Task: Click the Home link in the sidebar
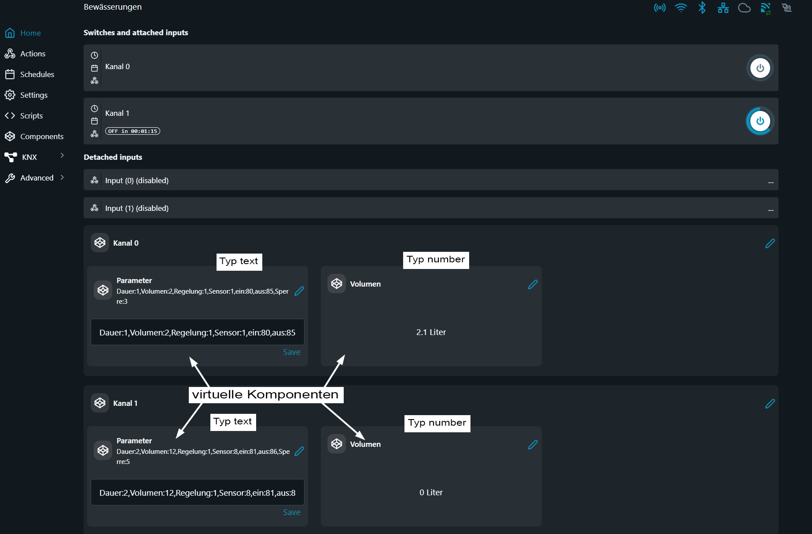point(23,33)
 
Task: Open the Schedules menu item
point(29,74)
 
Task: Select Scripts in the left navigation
point(24,116)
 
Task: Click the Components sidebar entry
point(34,136)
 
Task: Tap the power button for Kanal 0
point(760,68)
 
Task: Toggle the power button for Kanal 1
point(760,121)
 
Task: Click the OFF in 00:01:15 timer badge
point(132,131)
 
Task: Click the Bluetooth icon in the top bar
point(702,7)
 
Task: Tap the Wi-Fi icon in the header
point(681,7)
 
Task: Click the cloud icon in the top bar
point(744,8)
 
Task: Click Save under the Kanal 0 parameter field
point(292,352)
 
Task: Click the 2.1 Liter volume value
point(431,332)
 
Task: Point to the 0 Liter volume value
point(431,493)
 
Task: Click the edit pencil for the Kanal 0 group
point(770,243)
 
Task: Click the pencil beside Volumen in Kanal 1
point(533,445)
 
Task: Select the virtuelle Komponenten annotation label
point(266,394)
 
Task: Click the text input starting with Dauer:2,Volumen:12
point(198,492)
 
